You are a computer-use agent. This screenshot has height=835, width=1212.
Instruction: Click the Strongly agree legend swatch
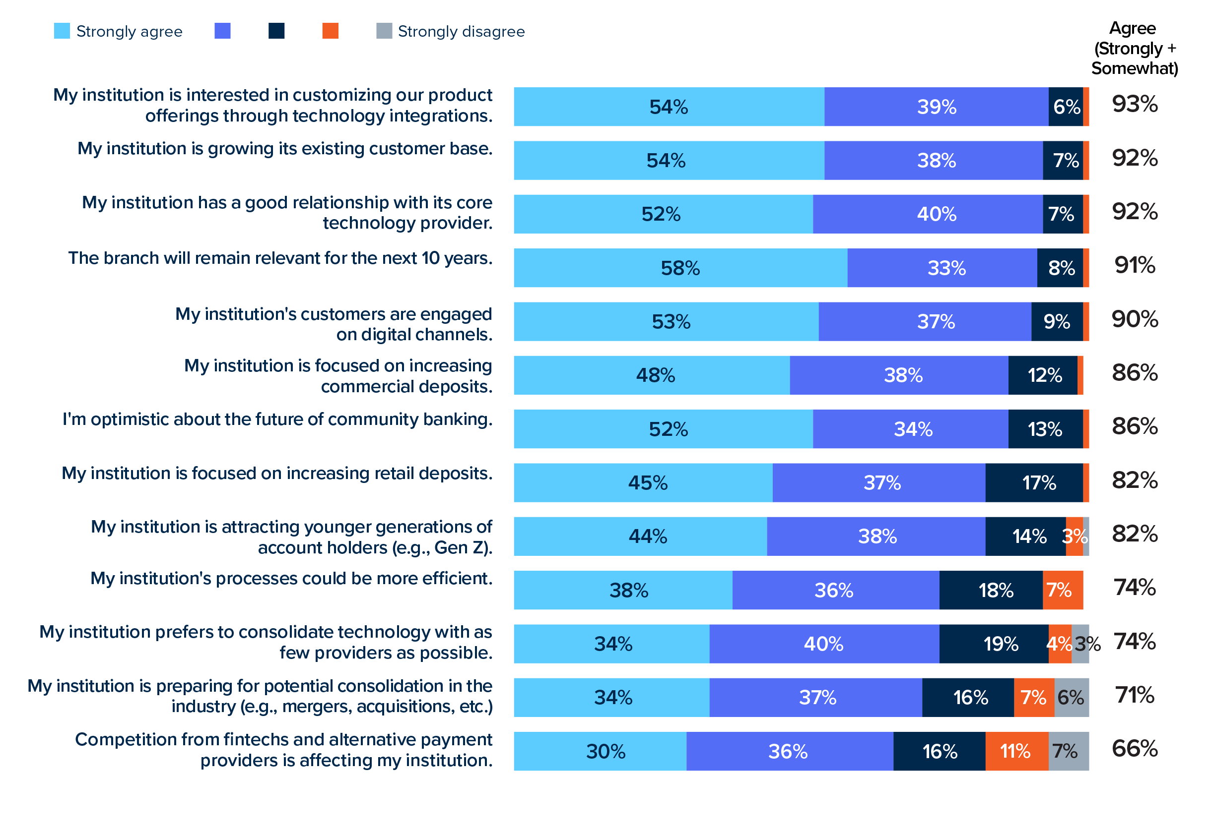pos(62,31)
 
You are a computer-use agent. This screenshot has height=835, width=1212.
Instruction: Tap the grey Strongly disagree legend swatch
pos(384,31)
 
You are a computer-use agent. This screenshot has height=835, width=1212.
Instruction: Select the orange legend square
pos(330,31)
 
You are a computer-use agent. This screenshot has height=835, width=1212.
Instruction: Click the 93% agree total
pos(1134,104)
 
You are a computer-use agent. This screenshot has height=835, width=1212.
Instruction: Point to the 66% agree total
pos(1134,749)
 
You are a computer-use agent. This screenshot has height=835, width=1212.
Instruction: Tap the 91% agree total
pos(1134,265)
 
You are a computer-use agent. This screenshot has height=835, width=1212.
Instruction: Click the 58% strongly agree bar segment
pos(679,268)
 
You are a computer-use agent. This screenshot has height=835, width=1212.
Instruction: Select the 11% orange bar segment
pos(1015,751)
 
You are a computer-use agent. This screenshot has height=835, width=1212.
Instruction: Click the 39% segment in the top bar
pos(936,107)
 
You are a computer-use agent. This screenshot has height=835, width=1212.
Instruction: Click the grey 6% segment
pos(1071,697)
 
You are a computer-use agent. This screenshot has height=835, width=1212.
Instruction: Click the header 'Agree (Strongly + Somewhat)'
pos(1134,48)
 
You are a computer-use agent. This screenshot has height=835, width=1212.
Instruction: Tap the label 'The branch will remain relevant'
pos(280,258)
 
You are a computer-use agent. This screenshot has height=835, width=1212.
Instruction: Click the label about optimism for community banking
pos(277,419)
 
